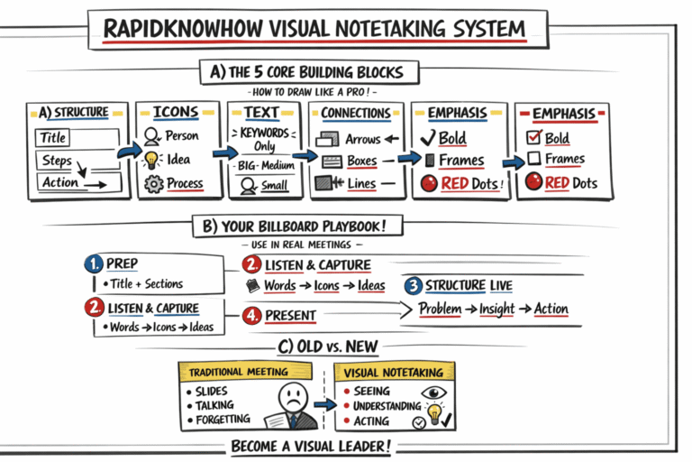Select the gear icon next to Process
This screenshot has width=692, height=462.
[x=151, y=184]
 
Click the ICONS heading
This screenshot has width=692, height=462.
[x=176, y=113]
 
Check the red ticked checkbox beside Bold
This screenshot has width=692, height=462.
[x=533, y=138]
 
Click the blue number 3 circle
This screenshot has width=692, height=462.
[x=413, y=286]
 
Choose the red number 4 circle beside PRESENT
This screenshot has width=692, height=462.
[x=252, y=317]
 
